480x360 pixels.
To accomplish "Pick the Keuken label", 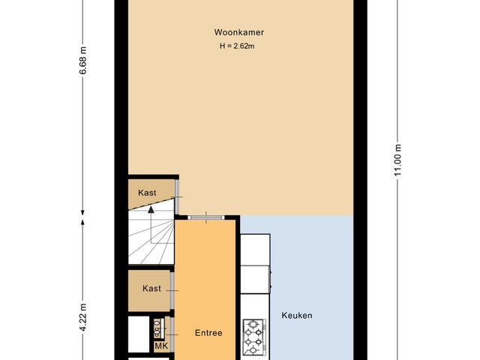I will point(297,316).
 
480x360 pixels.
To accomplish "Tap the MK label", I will point(161,346).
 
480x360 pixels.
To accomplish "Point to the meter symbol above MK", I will point(159,328).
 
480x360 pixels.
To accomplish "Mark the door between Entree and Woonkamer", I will point(207,217).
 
